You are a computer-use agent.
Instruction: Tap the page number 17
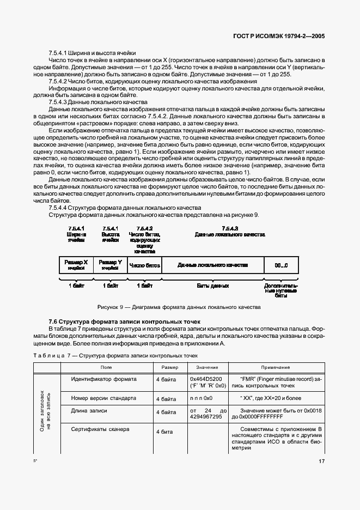pyautogui.click(x=322, y=462)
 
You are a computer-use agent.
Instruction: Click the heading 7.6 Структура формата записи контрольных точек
pyautogui.click(x=125, y=322)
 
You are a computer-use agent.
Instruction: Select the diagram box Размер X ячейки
pyautogui.click(x=76, y=265)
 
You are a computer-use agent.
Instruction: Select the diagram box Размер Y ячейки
pyautogui.click(x=110, y=265)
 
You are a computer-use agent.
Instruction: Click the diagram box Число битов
pyautogui.click(x=144, y=265)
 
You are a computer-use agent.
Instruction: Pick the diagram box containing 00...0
pyautogui.click(x=281, y=265)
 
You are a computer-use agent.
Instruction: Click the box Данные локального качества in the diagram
pyautogui.click(x=213, y=265)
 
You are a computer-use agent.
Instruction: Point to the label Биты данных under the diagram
pyautogui.click(x=213, y=285)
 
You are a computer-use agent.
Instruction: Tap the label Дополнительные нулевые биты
pyautogui.click(x=281, y=290)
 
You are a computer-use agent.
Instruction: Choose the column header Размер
pyautogui.click(x=169, y=368)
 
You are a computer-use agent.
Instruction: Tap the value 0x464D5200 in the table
pyautogui.click(x=207, y=379)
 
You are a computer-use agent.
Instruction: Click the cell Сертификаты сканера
pyautogui.click(x=100, y=430)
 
